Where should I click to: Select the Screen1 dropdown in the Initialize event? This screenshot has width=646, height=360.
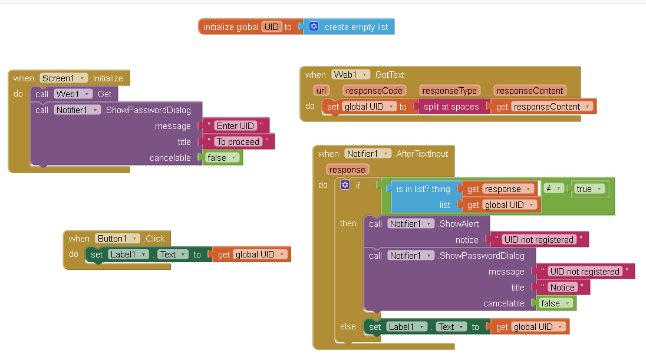pos(64,78)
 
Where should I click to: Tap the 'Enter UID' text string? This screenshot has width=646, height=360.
pos(235,125)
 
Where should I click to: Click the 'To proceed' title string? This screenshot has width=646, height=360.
pos(238,141)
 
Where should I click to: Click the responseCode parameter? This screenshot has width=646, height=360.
pos(374,91)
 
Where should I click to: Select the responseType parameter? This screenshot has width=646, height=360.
pos(449,91)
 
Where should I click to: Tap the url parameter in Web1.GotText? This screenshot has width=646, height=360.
pos(321,91)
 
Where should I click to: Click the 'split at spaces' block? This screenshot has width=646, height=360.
pos(451,107)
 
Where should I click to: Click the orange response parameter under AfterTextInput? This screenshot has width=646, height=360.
pos(347,170)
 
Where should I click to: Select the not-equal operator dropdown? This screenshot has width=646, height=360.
pos(553,189)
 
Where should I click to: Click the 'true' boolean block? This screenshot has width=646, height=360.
pos(589,189)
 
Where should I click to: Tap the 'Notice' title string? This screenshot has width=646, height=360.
pos(562,287)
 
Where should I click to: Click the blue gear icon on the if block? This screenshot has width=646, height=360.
pos(345,185)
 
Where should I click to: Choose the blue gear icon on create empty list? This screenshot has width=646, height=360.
pos(314,27)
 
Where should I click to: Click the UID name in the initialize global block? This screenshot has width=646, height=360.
pos(272,27)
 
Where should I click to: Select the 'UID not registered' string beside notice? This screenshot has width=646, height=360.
pos(539,240)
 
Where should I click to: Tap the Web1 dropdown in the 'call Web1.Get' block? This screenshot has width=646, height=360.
pos(72,94)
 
